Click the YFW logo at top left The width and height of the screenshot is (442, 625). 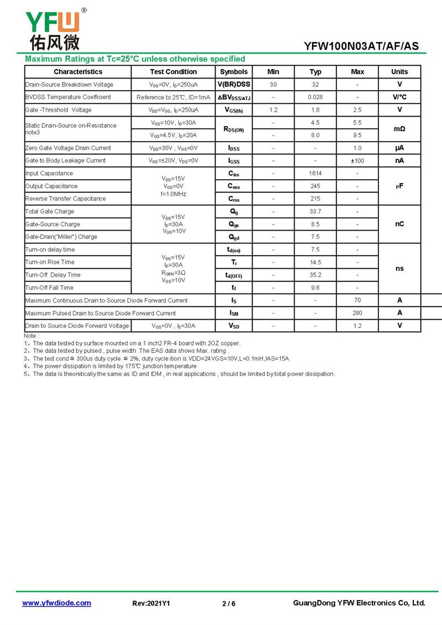53,29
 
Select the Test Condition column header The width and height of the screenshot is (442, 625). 173,72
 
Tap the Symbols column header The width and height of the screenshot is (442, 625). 234,72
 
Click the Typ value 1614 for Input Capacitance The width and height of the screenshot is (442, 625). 315,174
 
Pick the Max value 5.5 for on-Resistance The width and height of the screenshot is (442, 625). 357,123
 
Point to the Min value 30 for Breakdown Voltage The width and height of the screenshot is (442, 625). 273,85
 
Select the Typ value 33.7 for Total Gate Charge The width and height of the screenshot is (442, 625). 315,212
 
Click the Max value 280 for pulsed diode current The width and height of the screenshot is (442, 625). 357,313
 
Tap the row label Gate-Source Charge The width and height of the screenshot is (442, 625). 52,225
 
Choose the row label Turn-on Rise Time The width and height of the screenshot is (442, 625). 50,262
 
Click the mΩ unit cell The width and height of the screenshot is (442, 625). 399,129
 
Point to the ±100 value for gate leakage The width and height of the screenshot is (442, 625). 357,161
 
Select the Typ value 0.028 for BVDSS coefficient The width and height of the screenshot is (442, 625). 315,97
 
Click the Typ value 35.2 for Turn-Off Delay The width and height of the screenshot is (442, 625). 315,275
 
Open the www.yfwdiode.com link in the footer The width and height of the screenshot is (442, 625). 56,603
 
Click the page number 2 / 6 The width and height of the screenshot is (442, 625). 229,603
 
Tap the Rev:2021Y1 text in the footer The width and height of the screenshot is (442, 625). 151,603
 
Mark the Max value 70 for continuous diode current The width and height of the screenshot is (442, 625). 357,300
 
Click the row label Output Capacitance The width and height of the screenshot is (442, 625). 51,186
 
